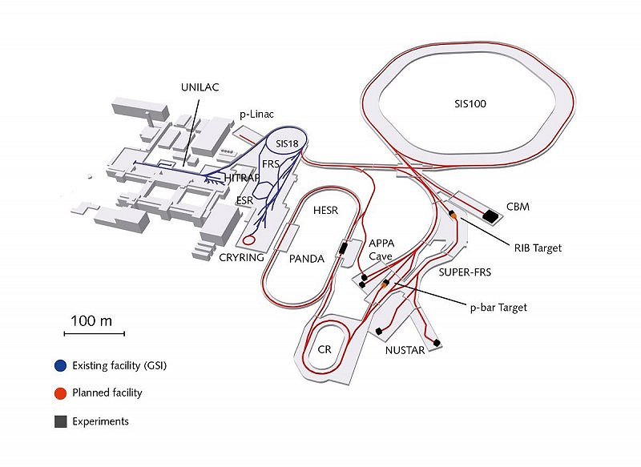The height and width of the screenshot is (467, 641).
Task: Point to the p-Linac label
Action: pos(257,115)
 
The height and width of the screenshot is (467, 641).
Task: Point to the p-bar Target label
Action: pos(498,307)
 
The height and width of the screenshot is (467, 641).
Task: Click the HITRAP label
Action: pos(243,175)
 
